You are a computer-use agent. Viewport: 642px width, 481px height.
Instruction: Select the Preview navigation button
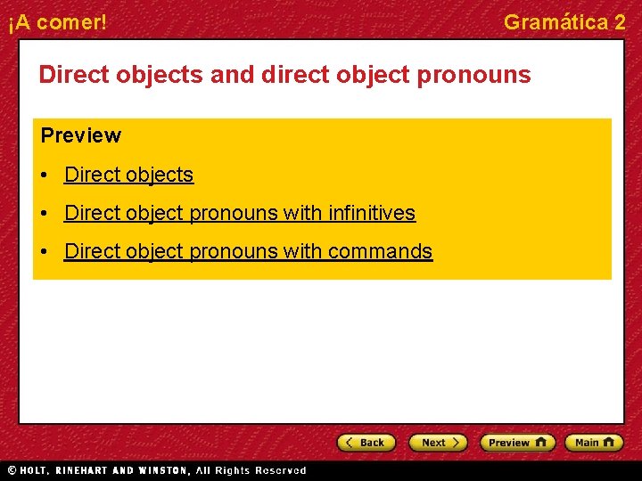pyautogui.click(x=517, y=443)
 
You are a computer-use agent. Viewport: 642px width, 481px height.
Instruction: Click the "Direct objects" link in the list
pyautogui.click(x=128, y=175)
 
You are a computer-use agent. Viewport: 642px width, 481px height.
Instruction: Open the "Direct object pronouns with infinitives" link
pyautogui.click(x=239, y=213)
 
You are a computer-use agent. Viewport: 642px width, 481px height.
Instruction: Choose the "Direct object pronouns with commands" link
pyautogui.click(x=248, y=251)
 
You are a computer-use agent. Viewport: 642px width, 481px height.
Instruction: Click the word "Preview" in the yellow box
pyautogui.click(x=80, y=135)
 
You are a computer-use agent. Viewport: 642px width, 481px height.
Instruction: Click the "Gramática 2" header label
pyautogui.click(x=564, y=22)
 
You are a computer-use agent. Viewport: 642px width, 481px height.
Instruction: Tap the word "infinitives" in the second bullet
pyautogui.click(x=371, y=213)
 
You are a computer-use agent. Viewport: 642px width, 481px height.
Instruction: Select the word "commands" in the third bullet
pyautogui.click(x=380, y=251)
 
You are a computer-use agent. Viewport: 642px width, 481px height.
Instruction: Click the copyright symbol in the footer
pyautogui.click(x=12, y=470)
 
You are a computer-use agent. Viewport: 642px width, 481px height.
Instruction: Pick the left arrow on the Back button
pyautogui.click(x=350, y=443)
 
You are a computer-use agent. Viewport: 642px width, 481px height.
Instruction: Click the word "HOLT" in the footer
pyautogui.click(x=35, y=470)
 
